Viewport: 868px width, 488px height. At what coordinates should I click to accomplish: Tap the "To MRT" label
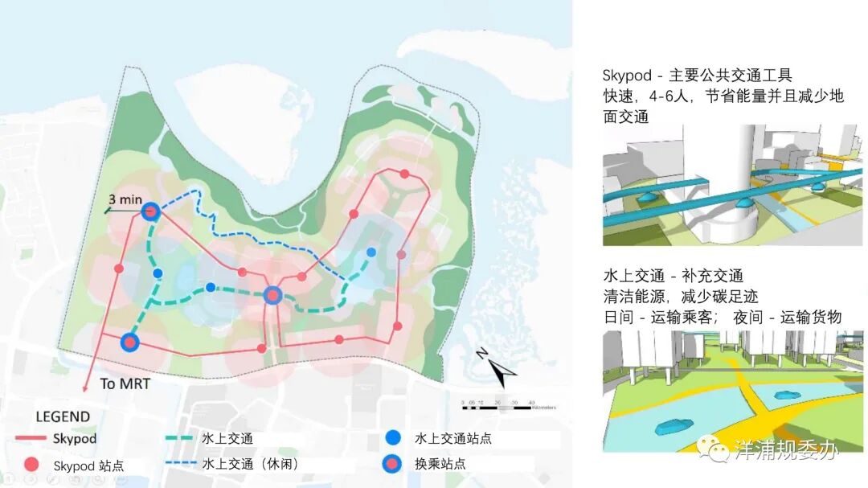pos(125,383)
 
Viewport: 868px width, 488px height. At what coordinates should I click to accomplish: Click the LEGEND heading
pos(62,417)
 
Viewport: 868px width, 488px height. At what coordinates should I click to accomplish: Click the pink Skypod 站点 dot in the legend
pos(31,465)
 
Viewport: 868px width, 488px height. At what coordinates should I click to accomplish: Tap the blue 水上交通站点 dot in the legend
pos(392,438)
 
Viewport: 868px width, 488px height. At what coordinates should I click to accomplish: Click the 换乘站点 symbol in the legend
pos(392,463)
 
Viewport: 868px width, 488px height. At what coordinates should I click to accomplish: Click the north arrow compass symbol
pos(500,371)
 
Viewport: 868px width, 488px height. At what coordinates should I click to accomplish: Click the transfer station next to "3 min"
pos(149,211)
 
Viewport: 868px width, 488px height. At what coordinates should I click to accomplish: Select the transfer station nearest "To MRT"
pos(129,342)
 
